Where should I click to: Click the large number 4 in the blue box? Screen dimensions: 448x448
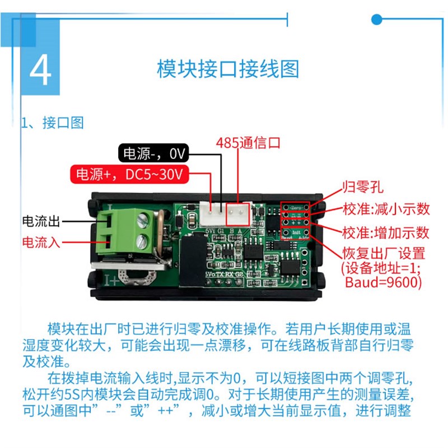tap(40, 69)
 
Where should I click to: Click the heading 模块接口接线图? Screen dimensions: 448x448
tap(228, 69)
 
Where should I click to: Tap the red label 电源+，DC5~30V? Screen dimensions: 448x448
tap(129, 174)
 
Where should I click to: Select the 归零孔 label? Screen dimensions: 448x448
tap(363, 187)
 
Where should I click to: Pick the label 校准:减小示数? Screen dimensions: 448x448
tap(386, 209)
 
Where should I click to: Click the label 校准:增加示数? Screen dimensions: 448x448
tap(386, 232)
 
